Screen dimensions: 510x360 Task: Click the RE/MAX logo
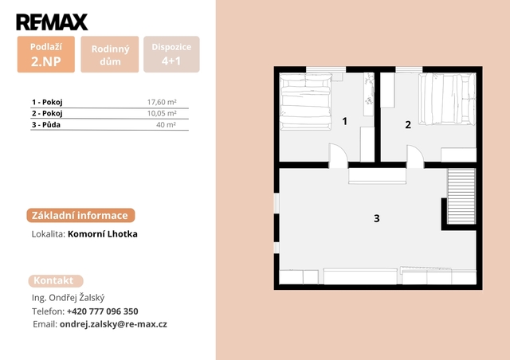click(x=52, y=22)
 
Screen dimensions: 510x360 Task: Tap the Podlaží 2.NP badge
click(x=46, y=54)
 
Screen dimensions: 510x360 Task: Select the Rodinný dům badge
click(x=110, y=54)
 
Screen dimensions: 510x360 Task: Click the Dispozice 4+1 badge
click(x=171, y=54)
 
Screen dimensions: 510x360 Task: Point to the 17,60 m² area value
click(x=162, y=102)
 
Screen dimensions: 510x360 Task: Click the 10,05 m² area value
click(x=162, y=113)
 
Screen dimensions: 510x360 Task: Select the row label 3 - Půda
click(x=46, y=124)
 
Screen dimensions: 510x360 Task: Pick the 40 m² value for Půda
click(x=166, y=124)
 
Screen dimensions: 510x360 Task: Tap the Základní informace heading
click(x=80, y=215)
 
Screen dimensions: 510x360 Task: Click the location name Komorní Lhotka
click(x=103, y=234)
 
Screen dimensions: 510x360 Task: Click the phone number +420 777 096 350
click(x=103, y=311)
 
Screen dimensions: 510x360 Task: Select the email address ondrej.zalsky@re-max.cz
click(x=113, y=324)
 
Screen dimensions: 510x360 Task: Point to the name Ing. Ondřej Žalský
click(x=68, y=298)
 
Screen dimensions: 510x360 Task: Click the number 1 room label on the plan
click(x=345, y=121)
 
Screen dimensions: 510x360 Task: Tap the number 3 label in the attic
click(x=377, y=218)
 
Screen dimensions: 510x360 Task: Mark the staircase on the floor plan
click(x=461, y=196)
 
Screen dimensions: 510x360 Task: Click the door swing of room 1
click(x=339, y=155)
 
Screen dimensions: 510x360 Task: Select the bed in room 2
click(x=447, y=99)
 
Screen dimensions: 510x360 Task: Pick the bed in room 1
click(x=306, y=102)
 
